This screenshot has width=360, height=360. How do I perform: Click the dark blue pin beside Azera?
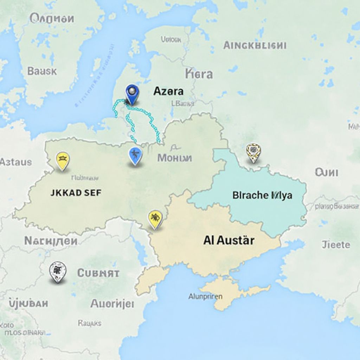click(x=132, y=93)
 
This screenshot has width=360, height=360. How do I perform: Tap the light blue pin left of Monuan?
click(x=135, y=155)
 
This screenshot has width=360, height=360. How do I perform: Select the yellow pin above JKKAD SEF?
click(x=63, y=160)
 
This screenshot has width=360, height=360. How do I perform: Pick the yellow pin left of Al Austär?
click(x=155, y=219)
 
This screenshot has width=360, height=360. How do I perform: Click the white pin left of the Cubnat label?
click(x=58, y=271)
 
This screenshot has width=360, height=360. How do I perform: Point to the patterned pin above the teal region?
click(x=253, y=152)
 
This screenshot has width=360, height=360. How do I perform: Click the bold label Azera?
click(x=168, y=91)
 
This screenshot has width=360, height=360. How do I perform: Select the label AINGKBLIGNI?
click(x=255, y=45)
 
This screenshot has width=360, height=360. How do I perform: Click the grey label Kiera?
click(x=199, y=74)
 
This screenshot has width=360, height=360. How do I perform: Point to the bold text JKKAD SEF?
click(x=76, y=193)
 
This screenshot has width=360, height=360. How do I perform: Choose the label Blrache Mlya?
click(x=262, y=195)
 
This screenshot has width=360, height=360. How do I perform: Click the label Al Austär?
click(x=229, y=240)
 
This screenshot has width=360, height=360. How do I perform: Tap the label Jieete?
click(x=336, y=245)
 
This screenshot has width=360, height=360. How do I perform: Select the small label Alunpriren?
click(x=205, y=296)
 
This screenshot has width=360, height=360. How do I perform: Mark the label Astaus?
click(x=16, y=162)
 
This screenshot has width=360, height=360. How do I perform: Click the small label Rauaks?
click(x=89, y=323)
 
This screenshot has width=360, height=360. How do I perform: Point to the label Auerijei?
click(x=112, y=303)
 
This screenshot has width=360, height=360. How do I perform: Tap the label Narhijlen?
click(x=51, y=241)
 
